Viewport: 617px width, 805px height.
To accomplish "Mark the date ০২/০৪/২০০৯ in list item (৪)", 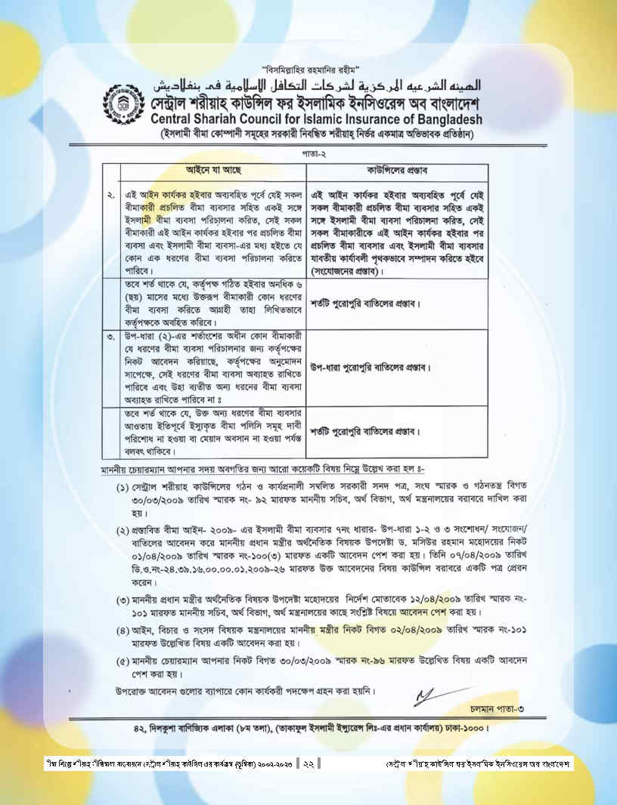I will click(x=414, y=630).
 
